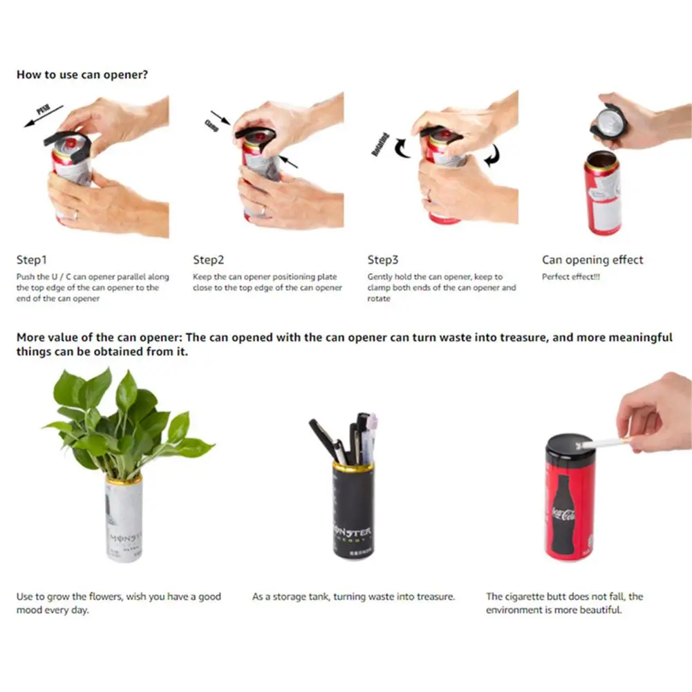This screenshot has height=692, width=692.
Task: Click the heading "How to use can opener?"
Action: [x=82, y=74]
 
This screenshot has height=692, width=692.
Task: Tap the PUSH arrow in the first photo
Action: [x=41, y=115]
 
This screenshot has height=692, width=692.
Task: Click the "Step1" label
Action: [x=32, y=260]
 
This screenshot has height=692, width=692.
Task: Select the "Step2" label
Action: [x=209, y=260]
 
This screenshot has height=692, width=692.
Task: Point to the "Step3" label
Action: [x=383, y=260]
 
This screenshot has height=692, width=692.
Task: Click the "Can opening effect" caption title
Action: [x=592, y=260]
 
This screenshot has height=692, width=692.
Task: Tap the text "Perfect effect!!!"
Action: [x=571, y=277]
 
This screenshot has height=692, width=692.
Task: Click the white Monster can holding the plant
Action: [x=124, y=518]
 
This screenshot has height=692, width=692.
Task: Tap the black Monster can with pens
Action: [x=353, y=512]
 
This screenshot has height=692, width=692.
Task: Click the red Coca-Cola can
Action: [x=570, y=498]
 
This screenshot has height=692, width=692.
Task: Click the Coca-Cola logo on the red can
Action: [x=563, y=515]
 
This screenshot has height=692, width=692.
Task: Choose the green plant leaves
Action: [x=124, y=422]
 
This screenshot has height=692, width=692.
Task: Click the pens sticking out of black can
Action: [x=346, y=439]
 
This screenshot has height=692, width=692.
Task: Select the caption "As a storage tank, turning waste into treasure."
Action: [x=353, y=597]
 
